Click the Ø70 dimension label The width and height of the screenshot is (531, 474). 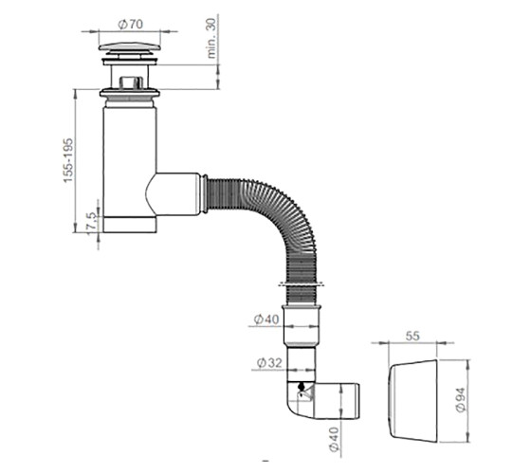pyautogui.click(x=131, y=24)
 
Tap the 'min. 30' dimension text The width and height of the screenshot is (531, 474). pyautogui.click(x=211, y=38)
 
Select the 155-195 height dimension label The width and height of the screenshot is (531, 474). pyautogui.click(x=68, y=160)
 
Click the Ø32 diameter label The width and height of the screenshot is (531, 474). pyautogui.click(x=269, y=363)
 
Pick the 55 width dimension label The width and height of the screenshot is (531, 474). pyautogui.click(x=412, y=336)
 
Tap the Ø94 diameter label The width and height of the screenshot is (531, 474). pyautogui.click(x=461, y=399)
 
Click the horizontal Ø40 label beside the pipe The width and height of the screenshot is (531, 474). pyautogui.click(x=266, y=319)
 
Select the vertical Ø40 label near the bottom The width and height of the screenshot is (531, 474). pyautogui.click(x=334, y=439)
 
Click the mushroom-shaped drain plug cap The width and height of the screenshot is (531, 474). pyautogui.click(x=130, y=48)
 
